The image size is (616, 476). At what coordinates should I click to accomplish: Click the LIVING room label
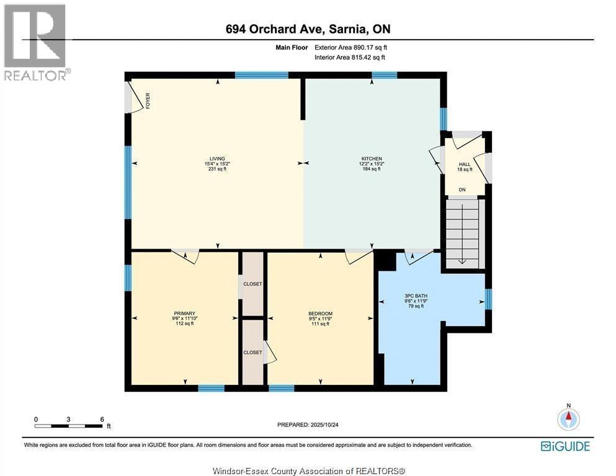pyautogui.click(x=217, y=164)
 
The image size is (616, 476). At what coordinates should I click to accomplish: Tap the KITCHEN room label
pyautogui.click(x=372, y=164)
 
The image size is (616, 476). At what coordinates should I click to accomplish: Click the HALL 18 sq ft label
pyautogui.click(x=465, y=166)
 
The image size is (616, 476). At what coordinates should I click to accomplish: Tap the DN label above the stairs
pyautogui.click(x=462, y=190)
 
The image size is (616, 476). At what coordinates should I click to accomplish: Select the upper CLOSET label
pyautogui.click(x=252, y=284)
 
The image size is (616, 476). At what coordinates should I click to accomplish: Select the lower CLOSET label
pyautogui.click(x=252, y=352)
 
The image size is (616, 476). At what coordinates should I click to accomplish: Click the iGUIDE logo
pyautogui.click(x=565, y=446)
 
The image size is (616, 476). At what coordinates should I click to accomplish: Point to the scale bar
pyautogui.click(x=69, y=426)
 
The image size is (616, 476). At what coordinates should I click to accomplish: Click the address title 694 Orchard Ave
pyautogui.click(x=308, y=29)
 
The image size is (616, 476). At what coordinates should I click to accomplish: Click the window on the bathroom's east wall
pyautogui.click(x=488, y=299)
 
